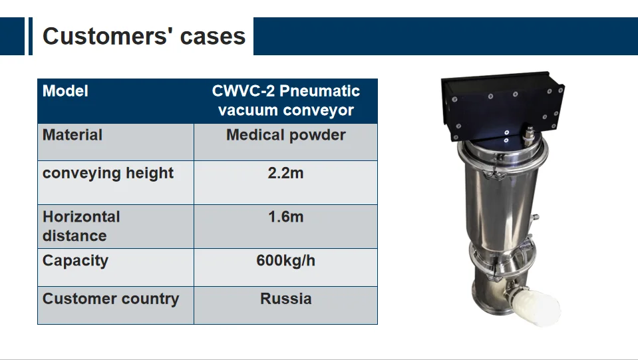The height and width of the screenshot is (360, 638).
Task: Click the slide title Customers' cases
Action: pyautogui.click(x=144, y=36)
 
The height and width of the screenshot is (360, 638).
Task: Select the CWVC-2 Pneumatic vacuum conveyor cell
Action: pyautogui.click(x=285, y=100)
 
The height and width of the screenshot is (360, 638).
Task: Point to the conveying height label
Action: pyautogui.click(x=108, y=173)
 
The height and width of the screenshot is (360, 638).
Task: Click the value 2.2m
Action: pyautogui.click(x=285, y=173)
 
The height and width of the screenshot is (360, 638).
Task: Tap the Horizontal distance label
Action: pyautogui.click(x=81, y=226)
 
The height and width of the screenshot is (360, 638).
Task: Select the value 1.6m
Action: pyautogui.click(x=285, y=217)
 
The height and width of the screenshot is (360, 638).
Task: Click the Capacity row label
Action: pyautogui.click(x=75, y=261)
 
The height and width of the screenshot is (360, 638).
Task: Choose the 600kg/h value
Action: pyautogui.click(x=285, y=260)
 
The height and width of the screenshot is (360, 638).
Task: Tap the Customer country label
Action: pyautogui.click(x=110, y=299)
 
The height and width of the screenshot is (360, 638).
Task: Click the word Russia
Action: pyautogui.click(x=285, y=299)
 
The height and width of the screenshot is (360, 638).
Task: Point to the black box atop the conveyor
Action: pyautogui.click(x=503, y=106)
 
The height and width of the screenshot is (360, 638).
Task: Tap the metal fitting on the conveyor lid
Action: pyautogui.click(x=530, y=136)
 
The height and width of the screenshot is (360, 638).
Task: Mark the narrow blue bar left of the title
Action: pyautogui.click(x=31, y=36)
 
